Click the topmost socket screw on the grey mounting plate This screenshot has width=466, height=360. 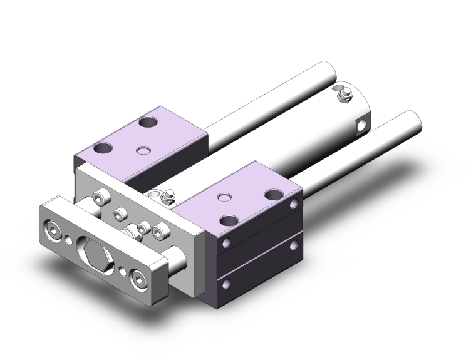pyautogui.click(x=98, y=198)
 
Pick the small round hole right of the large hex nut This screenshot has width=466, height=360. pyautogui.click(x=122, y=271)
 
